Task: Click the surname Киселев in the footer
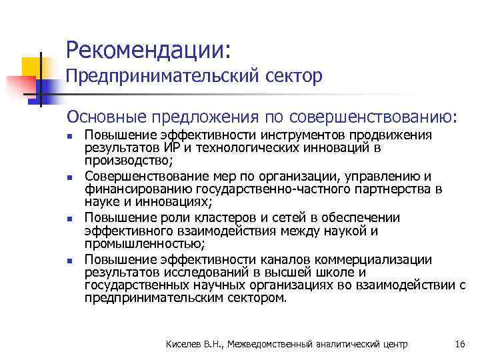pyautogui.click(x=185, y=344)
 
